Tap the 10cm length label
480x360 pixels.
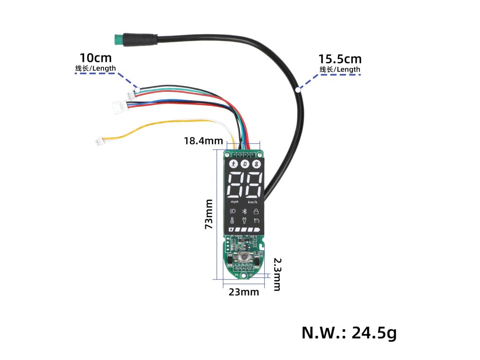(x=96, y=58)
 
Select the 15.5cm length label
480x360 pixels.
(x=340, y=60)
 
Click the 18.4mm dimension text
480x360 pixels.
(x=202, y=140)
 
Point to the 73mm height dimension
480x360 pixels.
(x=209, y=214)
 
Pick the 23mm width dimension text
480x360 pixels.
(x=243, y=292)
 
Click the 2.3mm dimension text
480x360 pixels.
(x=277, y=274)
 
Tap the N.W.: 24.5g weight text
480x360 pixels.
(x=349, y=333)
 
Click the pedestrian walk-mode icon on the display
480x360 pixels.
(x=233, y=164)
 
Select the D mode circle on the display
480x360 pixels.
(x=245, y=164)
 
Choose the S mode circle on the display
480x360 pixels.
(x=256, y=164)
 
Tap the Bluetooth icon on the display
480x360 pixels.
(x=244, y=211)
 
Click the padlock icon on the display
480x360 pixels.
(x=256, y=211)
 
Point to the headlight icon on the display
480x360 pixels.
(x=233, y=211)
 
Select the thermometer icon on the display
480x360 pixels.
(x=233, y=221)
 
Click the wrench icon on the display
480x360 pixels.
(x=244, y=221)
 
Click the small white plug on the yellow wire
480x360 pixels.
(x=100, y=140)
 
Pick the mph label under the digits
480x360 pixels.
(x=234, y=202)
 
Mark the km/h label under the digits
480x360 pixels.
(x=253, y=202)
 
